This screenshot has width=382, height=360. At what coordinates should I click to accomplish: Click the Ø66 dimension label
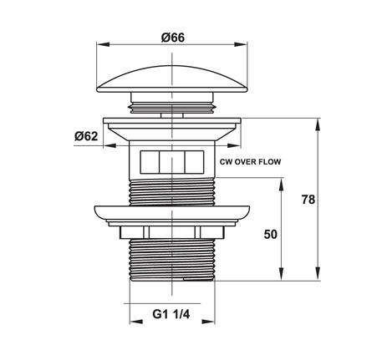(173, 38)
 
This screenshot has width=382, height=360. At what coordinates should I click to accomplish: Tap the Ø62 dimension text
(86, 136)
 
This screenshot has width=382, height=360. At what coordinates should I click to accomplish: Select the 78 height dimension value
(308, 200)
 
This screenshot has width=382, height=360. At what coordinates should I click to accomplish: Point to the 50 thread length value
(270, 235)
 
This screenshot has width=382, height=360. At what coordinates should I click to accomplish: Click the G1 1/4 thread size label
(171, 314)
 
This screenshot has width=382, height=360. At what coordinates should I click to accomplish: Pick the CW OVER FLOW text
(250, 162)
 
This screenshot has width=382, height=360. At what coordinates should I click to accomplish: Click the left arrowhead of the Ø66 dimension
(103, 44)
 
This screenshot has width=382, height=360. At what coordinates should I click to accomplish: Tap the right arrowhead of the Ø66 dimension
(241, 44)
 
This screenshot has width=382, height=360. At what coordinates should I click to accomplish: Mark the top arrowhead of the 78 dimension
(317, 125)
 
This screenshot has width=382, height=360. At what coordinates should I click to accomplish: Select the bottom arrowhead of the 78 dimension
(317, 274)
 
